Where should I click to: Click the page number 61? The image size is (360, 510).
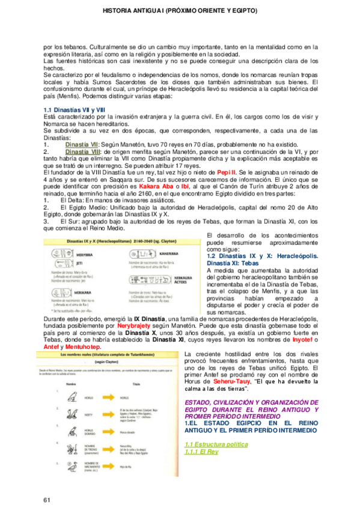point(47,484)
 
